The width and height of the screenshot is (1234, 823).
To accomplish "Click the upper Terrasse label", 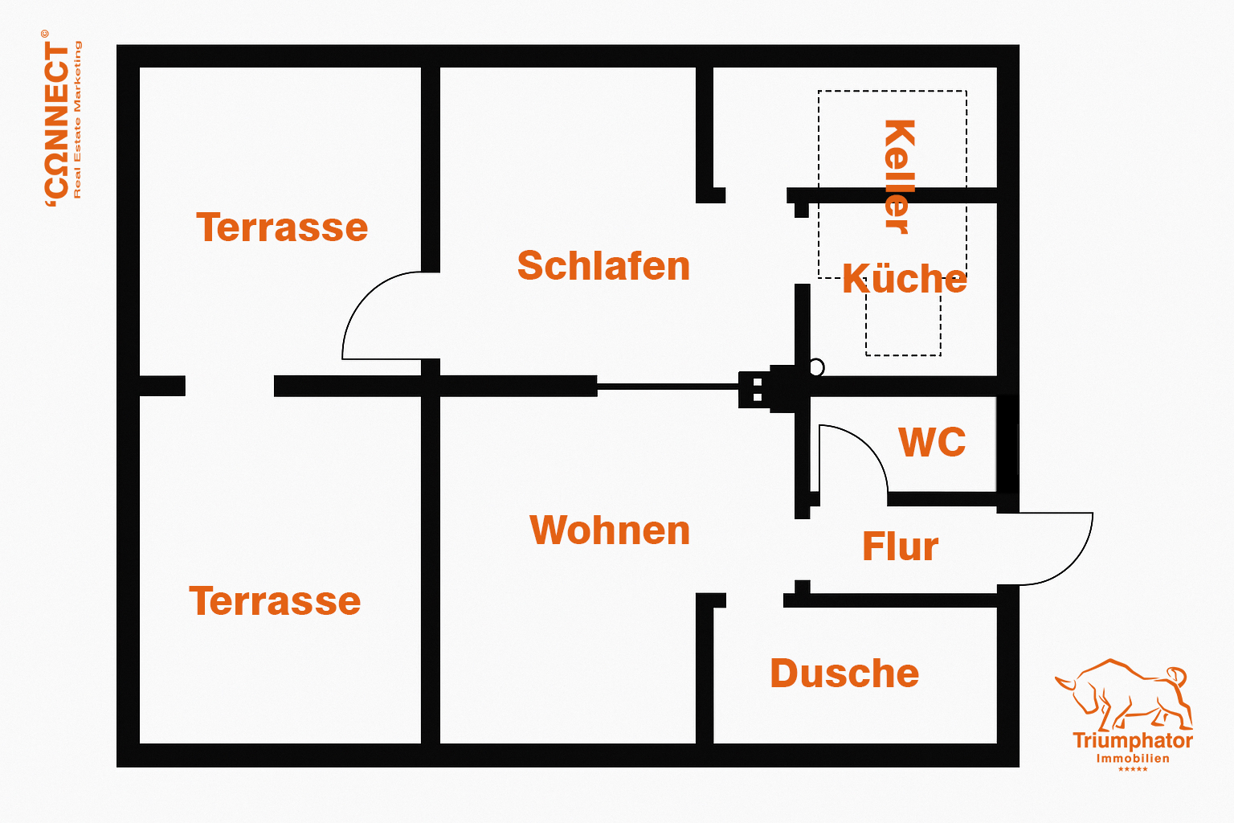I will tap(282, 227).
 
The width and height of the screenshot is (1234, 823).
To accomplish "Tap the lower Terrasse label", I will tap(275, 601).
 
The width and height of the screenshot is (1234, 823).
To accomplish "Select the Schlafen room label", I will tap(603, 266).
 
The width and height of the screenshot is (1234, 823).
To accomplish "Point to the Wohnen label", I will tap(610, 530).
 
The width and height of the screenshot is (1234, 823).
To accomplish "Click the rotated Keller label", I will tap(898, 177).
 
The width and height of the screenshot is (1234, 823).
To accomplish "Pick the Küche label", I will tap(905, 279).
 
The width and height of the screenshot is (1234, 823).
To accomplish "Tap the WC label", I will tap(932, 442).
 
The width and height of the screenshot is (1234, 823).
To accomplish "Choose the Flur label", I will tap(900, 547).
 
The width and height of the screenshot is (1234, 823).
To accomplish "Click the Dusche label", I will tap(844, 674).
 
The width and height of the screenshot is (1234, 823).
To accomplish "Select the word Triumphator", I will tap(1133, 741).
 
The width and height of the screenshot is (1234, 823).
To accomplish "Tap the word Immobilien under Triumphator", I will tap(1133, 759).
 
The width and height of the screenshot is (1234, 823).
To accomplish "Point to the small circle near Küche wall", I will tap(816, 367).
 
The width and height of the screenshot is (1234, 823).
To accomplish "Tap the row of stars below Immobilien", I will tap(1133, 770).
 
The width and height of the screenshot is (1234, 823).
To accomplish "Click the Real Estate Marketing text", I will tap(78, 121).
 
